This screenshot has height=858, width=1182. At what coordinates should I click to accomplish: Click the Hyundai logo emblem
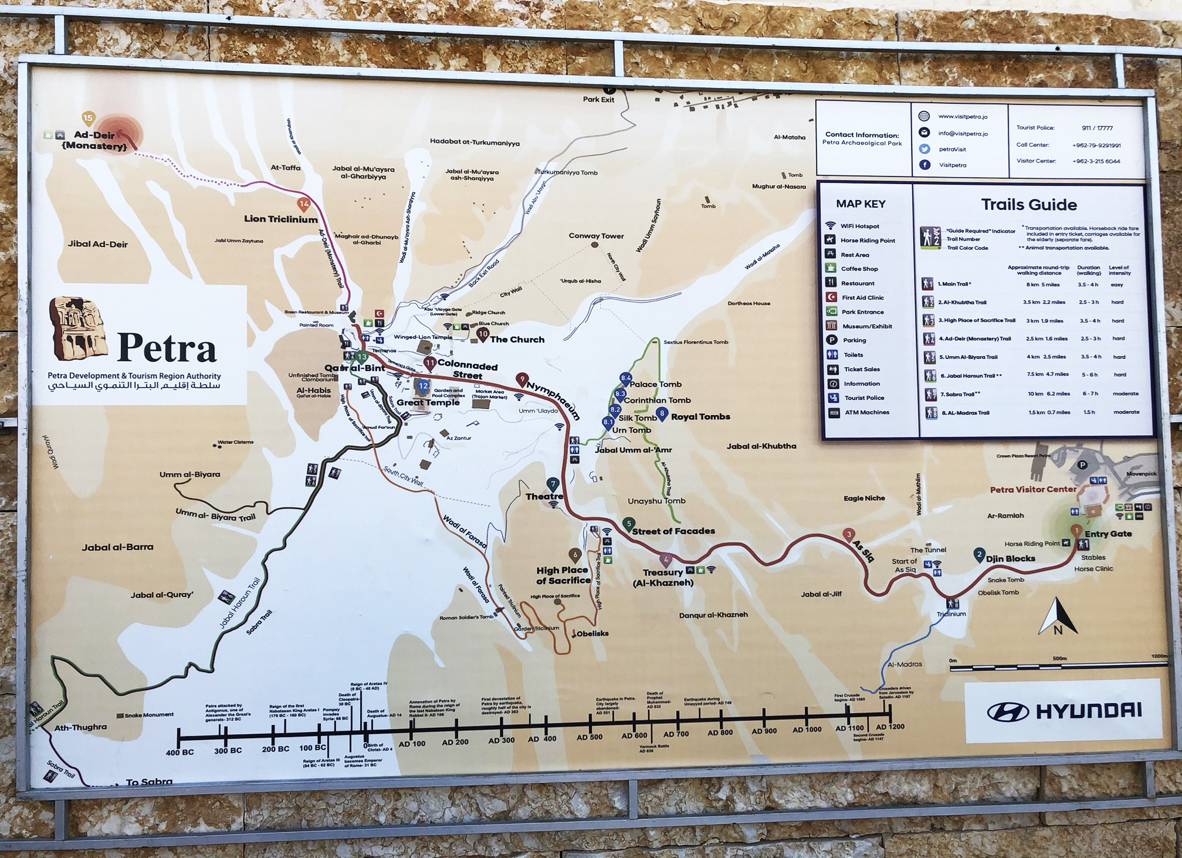pos(1008,712)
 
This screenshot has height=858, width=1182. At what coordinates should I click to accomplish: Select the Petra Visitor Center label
pos(1033,489)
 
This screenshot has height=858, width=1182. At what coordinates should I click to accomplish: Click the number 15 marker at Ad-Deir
pos(88,118)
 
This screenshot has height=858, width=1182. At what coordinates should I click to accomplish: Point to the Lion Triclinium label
pos(280,219)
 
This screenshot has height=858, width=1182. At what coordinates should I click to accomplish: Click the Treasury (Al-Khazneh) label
pos(663,577)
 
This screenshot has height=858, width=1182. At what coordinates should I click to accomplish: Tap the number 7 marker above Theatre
pos(553,484)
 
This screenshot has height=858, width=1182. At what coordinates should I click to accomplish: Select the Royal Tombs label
pos(700,416)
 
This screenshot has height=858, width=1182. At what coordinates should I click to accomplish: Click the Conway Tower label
pos(596,236)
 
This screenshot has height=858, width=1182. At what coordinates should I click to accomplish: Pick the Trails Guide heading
pos(1029,205)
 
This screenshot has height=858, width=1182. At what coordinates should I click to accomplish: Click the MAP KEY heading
pos(861,204)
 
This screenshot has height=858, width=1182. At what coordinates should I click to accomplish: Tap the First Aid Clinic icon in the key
pos(831,297)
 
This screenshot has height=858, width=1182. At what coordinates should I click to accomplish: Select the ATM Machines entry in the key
pos(866,412)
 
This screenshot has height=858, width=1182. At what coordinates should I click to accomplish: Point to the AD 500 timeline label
pos(589,737)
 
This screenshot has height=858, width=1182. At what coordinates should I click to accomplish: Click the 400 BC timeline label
pos(179,752)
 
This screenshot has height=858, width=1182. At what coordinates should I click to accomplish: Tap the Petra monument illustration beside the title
pos(78,328)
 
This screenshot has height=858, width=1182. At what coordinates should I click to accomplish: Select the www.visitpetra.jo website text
pos(963,117)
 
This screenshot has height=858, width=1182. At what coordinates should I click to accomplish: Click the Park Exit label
pos(598,100)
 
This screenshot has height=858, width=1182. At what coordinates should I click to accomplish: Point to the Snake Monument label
pos(149,715)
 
